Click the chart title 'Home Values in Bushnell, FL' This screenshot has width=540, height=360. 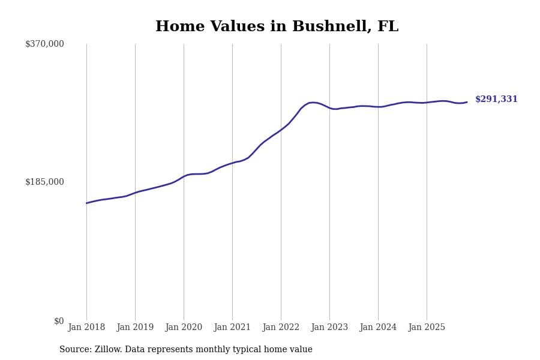point(277,27)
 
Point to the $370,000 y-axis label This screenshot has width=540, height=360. point(44,44)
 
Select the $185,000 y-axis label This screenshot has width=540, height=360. point(44,182)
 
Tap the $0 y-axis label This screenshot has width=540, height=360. point(59,321)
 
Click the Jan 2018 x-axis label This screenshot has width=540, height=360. point(86,328)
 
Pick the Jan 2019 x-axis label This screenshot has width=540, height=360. point(135,328)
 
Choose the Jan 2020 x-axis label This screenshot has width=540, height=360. point(184,328)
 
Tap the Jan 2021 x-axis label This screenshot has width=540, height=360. point(232,328)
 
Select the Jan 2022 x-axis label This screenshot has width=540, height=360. point(281,328)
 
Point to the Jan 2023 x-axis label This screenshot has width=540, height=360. point(329,328)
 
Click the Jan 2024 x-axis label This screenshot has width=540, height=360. point(378,328)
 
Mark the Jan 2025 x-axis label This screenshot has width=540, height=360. point(427,328)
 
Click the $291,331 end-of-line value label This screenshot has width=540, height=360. point(496,100)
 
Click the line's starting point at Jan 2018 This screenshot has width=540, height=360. point(86,203)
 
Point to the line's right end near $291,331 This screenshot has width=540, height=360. point(467,102)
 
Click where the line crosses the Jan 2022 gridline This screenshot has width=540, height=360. point(281,130)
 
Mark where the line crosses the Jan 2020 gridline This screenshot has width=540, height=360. point(184,176)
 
